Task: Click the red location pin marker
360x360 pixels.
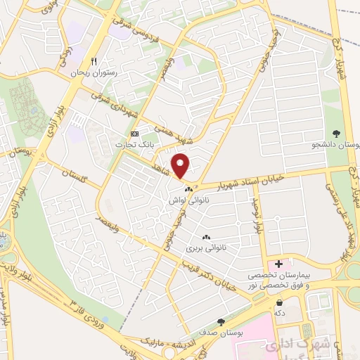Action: (x=181, y=166)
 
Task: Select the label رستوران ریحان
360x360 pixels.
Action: (x=96, y=72)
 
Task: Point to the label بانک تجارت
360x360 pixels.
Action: (x=138, y=144)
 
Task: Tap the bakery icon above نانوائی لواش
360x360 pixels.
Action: (x=188, y=190)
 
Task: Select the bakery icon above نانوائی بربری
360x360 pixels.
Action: (x=206, y=238)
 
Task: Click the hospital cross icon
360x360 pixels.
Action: (x=280, y=264)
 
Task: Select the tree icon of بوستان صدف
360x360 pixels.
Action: (x=221, y=322)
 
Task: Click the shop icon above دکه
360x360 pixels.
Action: (x=280, y=302)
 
